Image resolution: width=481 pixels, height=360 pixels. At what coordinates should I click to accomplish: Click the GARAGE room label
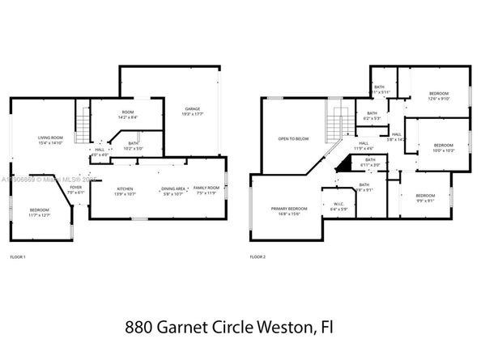(192, 108)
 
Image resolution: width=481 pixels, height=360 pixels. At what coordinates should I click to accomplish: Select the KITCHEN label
(125, 188)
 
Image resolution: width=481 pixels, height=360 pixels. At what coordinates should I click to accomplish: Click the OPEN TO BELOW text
(294, 138)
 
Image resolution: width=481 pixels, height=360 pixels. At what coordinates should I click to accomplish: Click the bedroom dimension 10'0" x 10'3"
(444, 150)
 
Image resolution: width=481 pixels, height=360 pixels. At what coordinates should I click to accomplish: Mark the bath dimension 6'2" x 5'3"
(372, 119)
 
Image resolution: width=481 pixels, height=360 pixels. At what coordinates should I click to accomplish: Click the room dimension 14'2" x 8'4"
(128, 118)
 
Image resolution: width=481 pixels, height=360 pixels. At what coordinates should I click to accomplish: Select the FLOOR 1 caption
(18, 257)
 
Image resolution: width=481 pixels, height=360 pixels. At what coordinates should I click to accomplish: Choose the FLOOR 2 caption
(258, 257)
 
